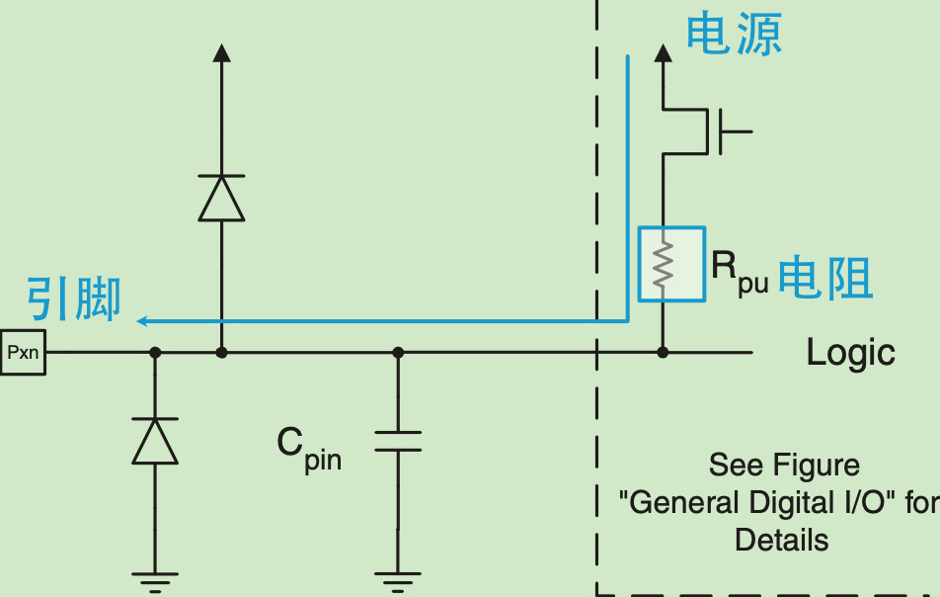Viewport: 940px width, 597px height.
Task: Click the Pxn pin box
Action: tap(23, 352)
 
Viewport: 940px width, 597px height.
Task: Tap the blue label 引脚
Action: tap(74, 298)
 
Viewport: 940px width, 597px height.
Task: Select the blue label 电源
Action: tap(734, 35)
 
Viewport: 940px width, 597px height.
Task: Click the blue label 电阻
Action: tap(824, 277)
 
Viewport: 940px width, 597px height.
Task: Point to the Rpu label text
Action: tap(740, 271)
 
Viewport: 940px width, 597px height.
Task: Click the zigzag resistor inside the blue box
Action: tap(663, 264)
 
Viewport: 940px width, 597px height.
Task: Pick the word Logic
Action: tap(850, 352)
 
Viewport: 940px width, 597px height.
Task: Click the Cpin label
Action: tap(309, 449)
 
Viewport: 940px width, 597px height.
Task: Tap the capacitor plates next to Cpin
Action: tap(398, 441)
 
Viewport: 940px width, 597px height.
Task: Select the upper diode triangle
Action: tap(221, 199)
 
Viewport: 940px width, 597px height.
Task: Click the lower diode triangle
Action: tap(155, 441)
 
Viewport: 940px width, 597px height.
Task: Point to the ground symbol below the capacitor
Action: tap(398, 582)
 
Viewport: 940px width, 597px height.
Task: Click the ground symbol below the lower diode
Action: tap(155, 582)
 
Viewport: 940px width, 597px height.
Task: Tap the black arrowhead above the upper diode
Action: tap(222, 52)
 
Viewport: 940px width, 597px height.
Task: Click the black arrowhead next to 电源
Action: tap(664, 52)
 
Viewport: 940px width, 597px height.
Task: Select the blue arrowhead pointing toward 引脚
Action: tap(142, 321)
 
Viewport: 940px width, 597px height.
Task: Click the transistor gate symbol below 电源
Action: tap(729, 131)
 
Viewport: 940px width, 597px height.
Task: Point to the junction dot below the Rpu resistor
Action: tap(663, 352)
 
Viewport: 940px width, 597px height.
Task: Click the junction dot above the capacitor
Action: tap(398, 352)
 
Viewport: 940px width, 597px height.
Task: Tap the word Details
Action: tap(782, 540)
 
